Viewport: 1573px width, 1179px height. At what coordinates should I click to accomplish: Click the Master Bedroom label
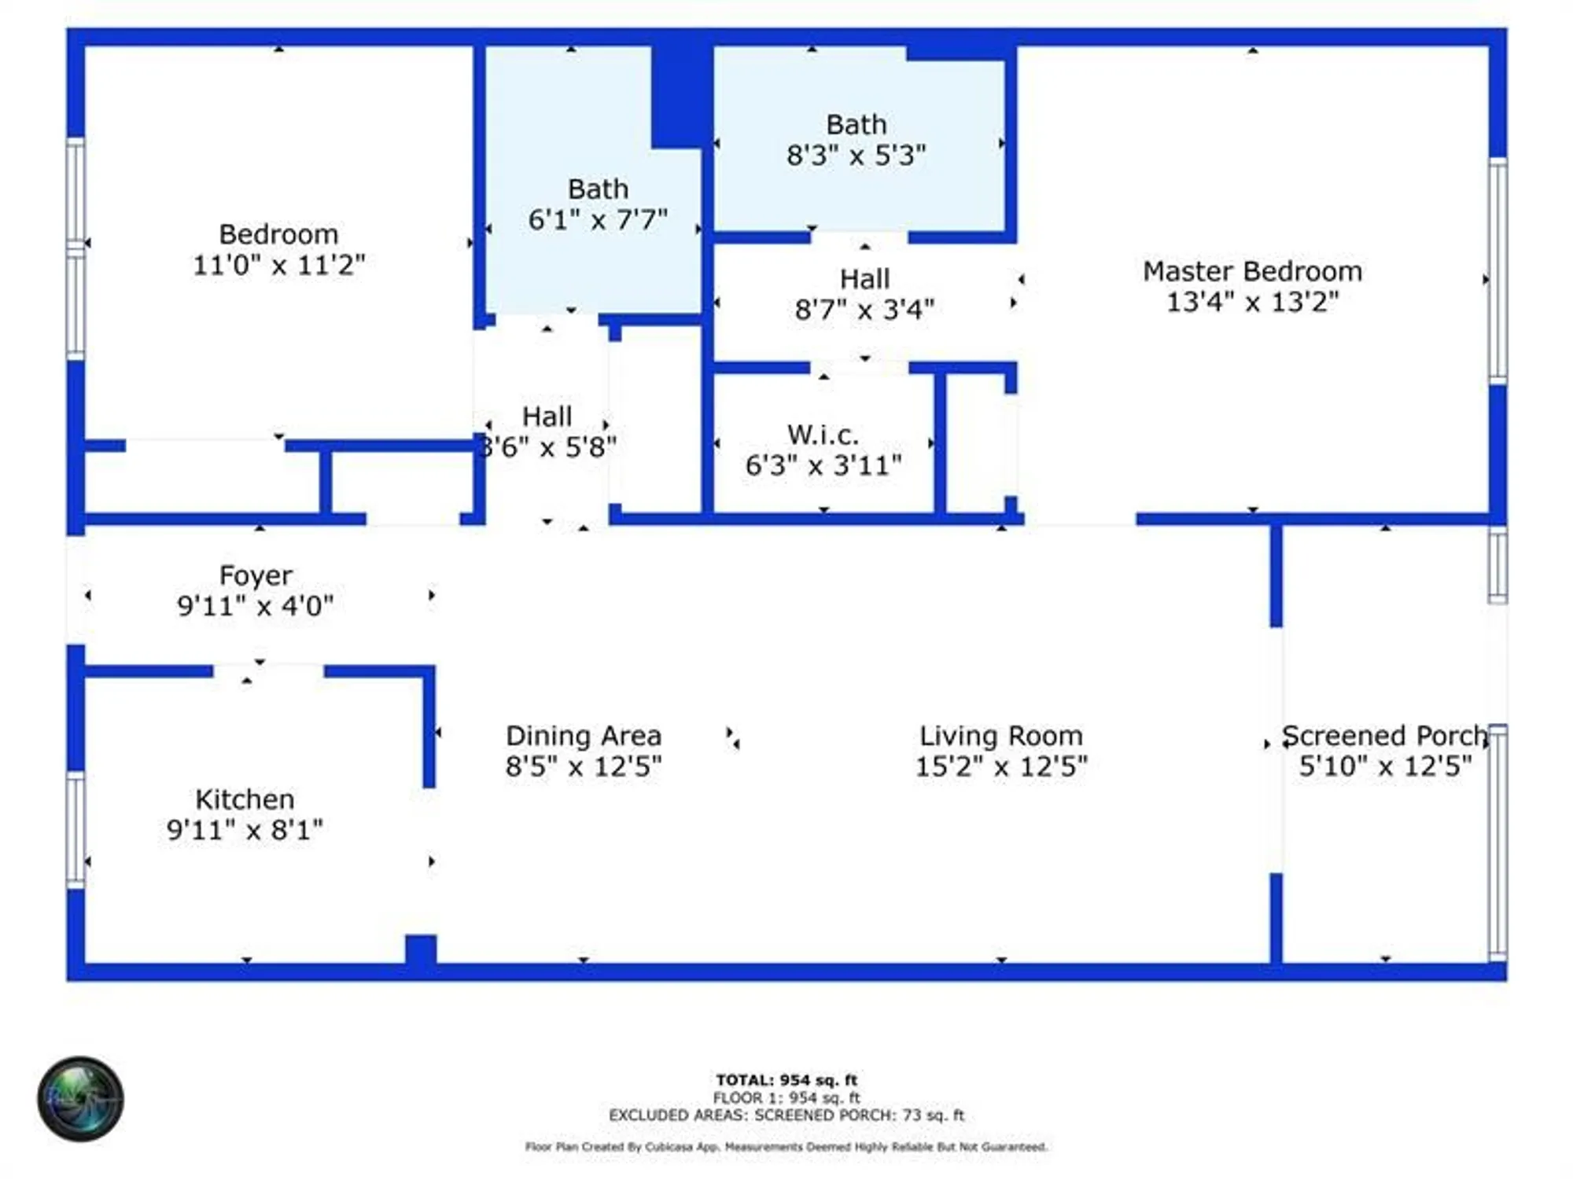point(1252,272)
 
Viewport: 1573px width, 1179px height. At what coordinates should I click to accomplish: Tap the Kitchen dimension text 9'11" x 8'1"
point(245,830)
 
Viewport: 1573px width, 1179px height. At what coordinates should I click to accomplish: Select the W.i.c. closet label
point(823,435)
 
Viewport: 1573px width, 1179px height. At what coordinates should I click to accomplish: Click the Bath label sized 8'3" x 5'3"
point(856,125)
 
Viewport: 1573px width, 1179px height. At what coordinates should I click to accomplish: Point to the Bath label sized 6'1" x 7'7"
point(598,189)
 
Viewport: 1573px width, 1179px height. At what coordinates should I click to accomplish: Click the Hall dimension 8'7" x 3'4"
point(864,310)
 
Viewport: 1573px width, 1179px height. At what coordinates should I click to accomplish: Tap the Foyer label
point(256,575)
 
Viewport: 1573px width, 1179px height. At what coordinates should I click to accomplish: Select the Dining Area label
point(583,736)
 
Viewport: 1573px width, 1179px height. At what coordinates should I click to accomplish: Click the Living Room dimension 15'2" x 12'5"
point(1000,766)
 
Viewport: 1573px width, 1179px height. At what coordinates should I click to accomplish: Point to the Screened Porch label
point(1384,736)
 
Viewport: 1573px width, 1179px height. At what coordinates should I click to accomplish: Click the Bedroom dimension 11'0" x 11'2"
point(278,265)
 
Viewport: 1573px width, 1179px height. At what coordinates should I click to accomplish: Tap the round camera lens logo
point(80,1098)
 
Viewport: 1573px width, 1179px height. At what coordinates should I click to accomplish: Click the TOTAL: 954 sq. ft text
point(786,1080)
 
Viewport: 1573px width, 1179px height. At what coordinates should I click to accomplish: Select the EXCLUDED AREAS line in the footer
point(786,1115)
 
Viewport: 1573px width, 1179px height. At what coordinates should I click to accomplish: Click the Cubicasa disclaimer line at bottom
point(786,1147)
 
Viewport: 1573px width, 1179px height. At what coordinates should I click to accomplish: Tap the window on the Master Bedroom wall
point(1498,271)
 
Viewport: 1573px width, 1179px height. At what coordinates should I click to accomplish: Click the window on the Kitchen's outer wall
point(76,829)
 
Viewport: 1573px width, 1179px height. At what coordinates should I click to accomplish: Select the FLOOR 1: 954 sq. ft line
point(786,1097)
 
